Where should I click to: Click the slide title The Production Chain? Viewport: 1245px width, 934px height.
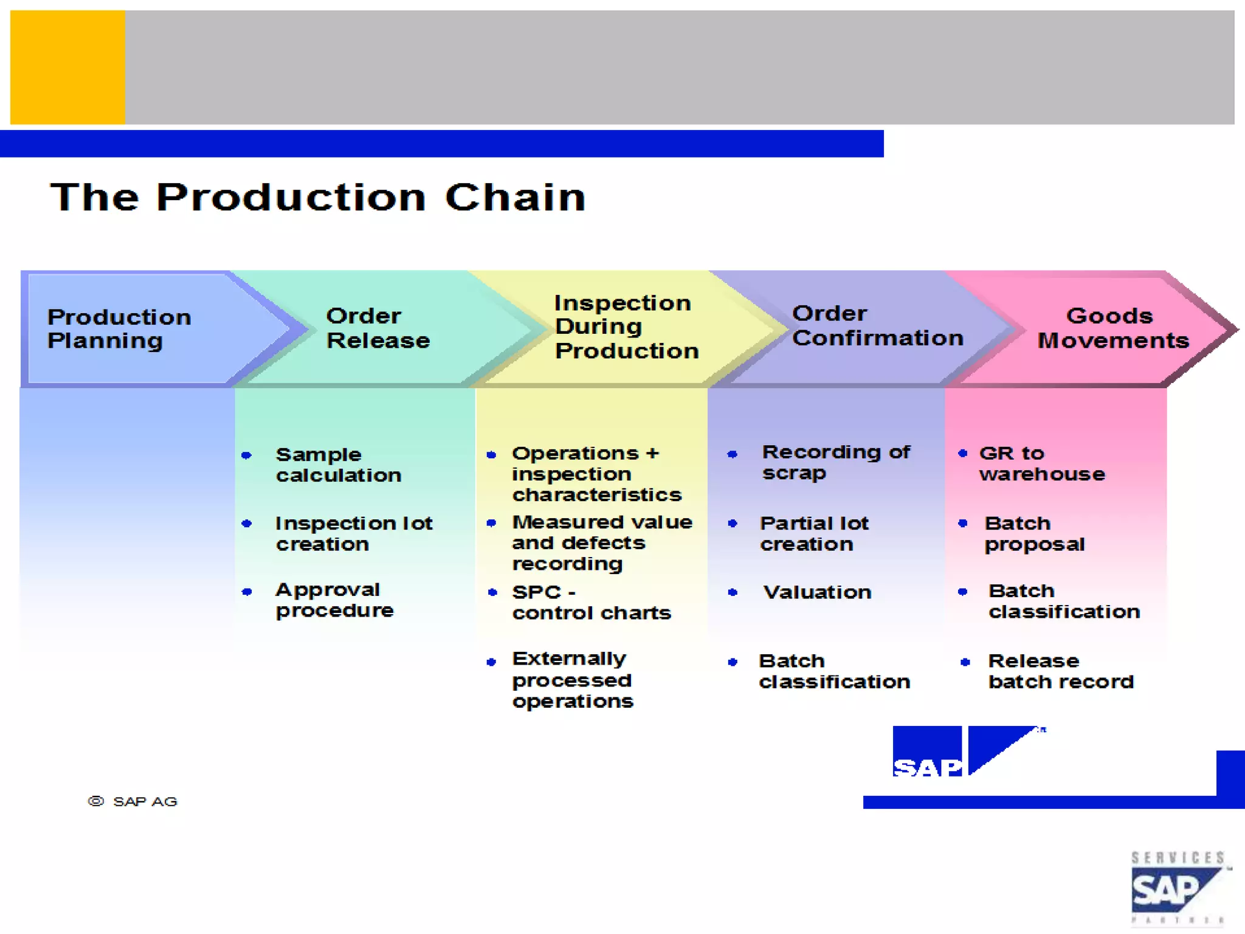[318, 198]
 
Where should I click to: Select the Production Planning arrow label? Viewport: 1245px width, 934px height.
[119, 328]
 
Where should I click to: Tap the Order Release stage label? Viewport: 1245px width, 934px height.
[378, 328]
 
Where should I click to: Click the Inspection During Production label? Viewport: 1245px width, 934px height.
[626, 327]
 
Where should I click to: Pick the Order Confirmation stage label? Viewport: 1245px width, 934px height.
[877, 326]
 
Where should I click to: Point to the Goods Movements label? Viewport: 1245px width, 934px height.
[1112, 328]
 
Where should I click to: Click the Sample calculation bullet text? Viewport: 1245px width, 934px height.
[338, 465]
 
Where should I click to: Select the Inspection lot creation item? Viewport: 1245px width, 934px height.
[353, 533]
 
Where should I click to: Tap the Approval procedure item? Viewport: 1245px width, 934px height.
[334, 600]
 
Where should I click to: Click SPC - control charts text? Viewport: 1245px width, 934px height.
[591, 603]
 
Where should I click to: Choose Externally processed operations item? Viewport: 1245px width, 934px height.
[572, 680]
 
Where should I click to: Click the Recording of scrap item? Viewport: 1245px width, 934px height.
[836, 462]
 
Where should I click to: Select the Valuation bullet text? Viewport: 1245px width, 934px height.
[817, 592]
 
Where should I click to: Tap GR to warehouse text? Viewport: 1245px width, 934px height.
[1041, 463]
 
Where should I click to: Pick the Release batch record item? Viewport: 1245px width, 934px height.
[1061, 671]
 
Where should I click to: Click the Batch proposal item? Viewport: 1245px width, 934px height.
[1034, 533]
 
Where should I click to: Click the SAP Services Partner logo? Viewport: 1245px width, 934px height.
[1177, 888]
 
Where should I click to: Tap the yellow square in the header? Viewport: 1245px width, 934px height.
[67, 67]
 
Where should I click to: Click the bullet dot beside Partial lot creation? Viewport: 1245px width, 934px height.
[733, 524]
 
